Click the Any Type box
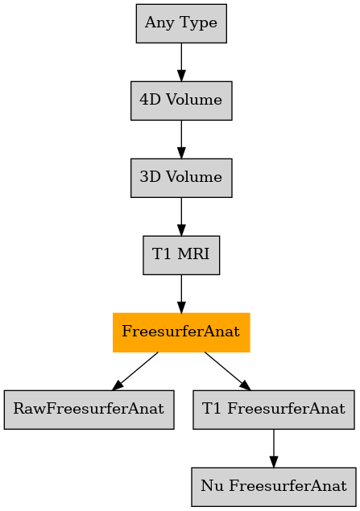pos(181,23)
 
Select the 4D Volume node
pos(181,101)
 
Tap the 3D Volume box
pos(181,178)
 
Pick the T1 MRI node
pos(181,255)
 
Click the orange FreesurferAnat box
pos(181,332)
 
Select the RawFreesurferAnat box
pos(89,410)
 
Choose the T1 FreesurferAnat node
pos(274,410)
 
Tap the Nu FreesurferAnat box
pos(274,487)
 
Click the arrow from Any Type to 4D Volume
pos(181,62)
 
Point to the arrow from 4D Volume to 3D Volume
pos(181,139)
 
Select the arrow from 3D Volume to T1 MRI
pos(181,216)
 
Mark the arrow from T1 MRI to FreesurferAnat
pos(181,294)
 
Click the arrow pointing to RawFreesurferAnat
pos(135,371)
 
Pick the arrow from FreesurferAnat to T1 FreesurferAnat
pos(228,371)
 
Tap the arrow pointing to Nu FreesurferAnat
pos(274,448)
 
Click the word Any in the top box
pos(159,23)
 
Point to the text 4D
pos(150,100)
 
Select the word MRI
pos(194,253)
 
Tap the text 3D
pos(150,176)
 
